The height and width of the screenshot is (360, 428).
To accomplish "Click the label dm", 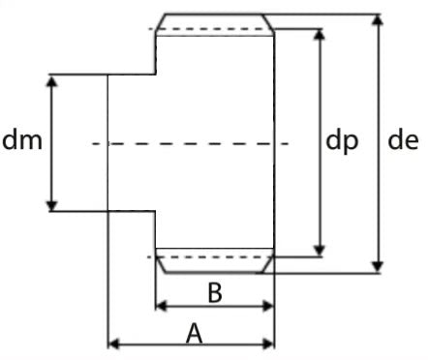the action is (22, 139).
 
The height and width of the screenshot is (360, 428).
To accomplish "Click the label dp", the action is (342, 140).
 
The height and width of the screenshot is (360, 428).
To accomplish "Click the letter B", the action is (215, 292).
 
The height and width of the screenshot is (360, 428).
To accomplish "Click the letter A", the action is (195, 333).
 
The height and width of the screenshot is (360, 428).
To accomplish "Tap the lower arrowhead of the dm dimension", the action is (52, 205).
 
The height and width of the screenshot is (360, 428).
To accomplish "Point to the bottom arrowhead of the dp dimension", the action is (320, 251).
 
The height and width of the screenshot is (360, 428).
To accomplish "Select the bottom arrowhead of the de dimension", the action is (378, 267).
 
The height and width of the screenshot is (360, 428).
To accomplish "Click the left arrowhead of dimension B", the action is (161, 306).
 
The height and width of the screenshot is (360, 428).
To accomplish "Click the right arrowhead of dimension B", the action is (268, 306).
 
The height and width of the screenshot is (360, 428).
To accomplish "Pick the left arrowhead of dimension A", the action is (113, 344).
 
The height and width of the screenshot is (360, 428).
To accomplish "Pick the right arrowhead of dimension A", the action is (268, 344).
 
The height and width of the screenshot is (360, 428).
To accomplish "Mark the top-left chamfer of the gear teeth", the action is (161, 22).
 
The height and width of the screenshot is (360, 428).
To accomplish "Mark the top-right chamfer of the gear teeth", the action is (268, 22).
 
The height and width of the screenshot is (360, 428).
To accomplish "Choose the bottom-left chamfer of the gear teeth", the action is (161, 264).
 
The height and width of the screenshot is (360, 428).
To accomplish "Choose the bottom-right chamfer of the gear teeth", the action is (268, 264).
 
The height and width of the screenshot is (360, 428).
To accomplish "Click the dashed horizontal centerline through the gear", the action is (191, 143).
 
